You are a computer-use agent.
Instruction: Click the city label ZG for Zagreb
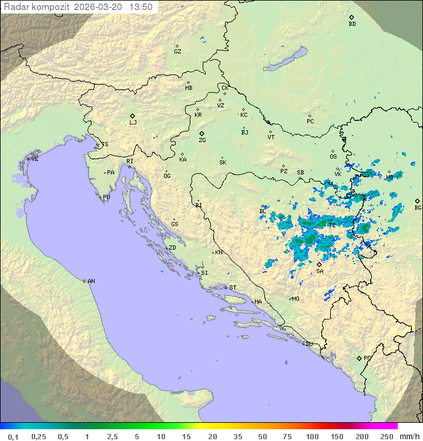click(x=202, y=141)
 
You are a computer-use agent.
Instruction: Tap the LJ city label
click(x=133, y=123)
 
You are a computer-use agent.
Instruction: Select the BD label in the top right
click(x=352, y=24)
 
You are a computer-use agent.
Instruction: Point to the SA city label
click(x=320, y=271)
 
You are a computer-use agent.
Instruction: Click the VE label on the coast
click(x=35, y=159)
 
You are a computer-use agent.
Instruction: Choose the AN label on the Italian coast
click(x=91, y=281)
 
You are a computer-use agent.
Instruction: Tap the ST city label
click(x=233, y=288)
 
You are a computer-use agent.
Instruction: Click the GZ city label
click(x=177, y=52)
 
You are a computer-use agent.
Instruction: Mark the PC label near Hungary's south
click(x=310, y=122)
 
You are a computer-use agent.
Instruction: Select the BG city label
click(x=418, y=208)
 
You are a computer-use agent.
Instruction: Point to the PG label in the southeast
click(x=367, y=358)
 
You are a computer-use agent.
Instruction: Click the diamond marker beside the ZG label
click(x=202, y=134)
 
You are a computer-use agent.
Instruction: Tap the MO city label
click(x=296, y=299)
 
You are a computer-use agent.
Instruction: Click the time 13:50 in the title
click(x=141, y=7)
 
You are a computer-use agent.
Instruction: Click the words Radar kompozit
click(x=36, y=7)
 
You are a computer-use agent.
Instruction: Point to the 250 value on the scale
click(x=387, y=436)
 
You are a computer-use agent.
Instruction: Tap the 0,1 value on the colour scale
click(x=13, y=436)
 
